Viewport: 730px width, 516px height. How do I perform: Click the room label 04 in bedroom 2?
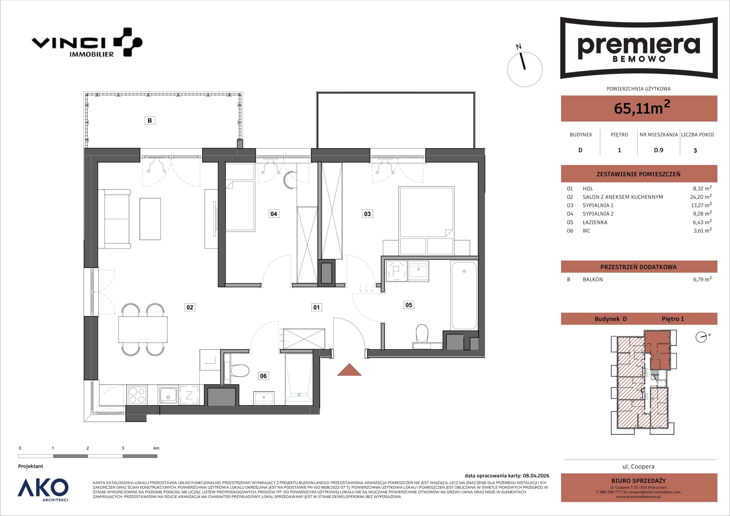[273, 214]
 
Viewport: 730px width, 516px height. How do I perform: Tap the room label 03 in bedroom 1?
[367, 214]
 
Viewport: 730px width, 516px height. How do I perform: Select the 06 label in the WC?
[263, 376]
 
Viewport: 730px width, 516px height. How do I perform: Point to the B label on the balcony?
[150, 121]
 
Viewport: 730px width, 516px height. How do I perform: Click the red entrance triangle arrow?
[349, 370]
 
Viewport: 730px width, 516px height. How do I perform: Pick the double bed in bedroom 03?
[426, 212]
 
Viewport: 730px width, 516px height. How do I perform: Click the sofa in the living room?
[114, 219]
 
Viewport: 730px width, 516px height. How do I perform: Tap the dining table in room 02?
[143, 329]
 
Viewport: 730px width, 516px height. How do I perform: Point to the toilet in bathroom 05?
[422, 334]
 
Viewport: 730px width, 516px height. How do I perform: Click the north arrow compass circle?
[525, 70]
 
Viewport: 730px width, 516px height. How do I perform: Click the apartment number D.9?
[658, 150]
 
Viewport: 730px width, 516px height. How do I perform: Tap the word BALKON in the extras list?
[593, 279]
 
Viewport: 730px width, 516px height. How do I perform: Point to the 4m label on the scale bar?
[156, 448]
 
